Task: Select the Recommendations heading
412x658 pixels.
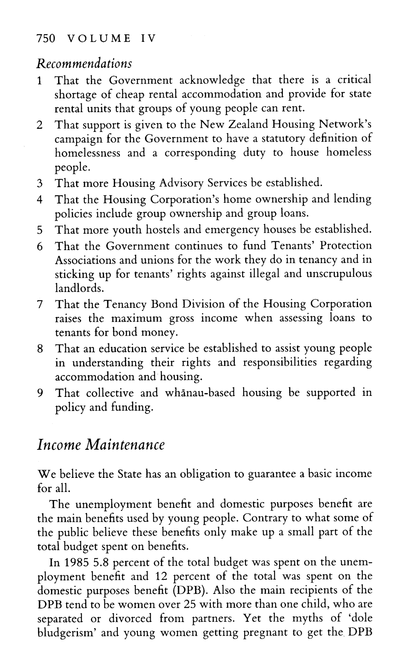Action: [x=85, y=63]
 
